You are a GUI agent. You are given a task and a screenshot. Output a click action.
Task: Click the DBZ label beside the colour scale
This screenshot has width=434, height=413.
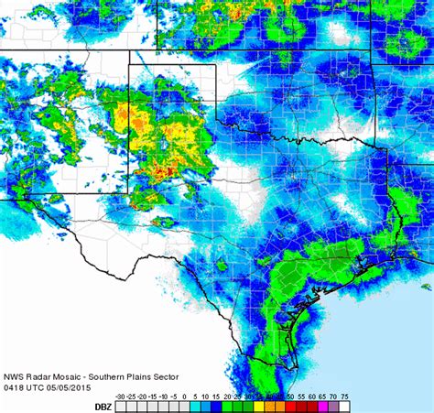coord(105,405)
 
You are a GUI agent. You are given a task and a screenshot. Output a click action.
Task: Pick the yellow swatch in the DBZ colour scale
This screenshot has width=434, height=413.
coord(261,406)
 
